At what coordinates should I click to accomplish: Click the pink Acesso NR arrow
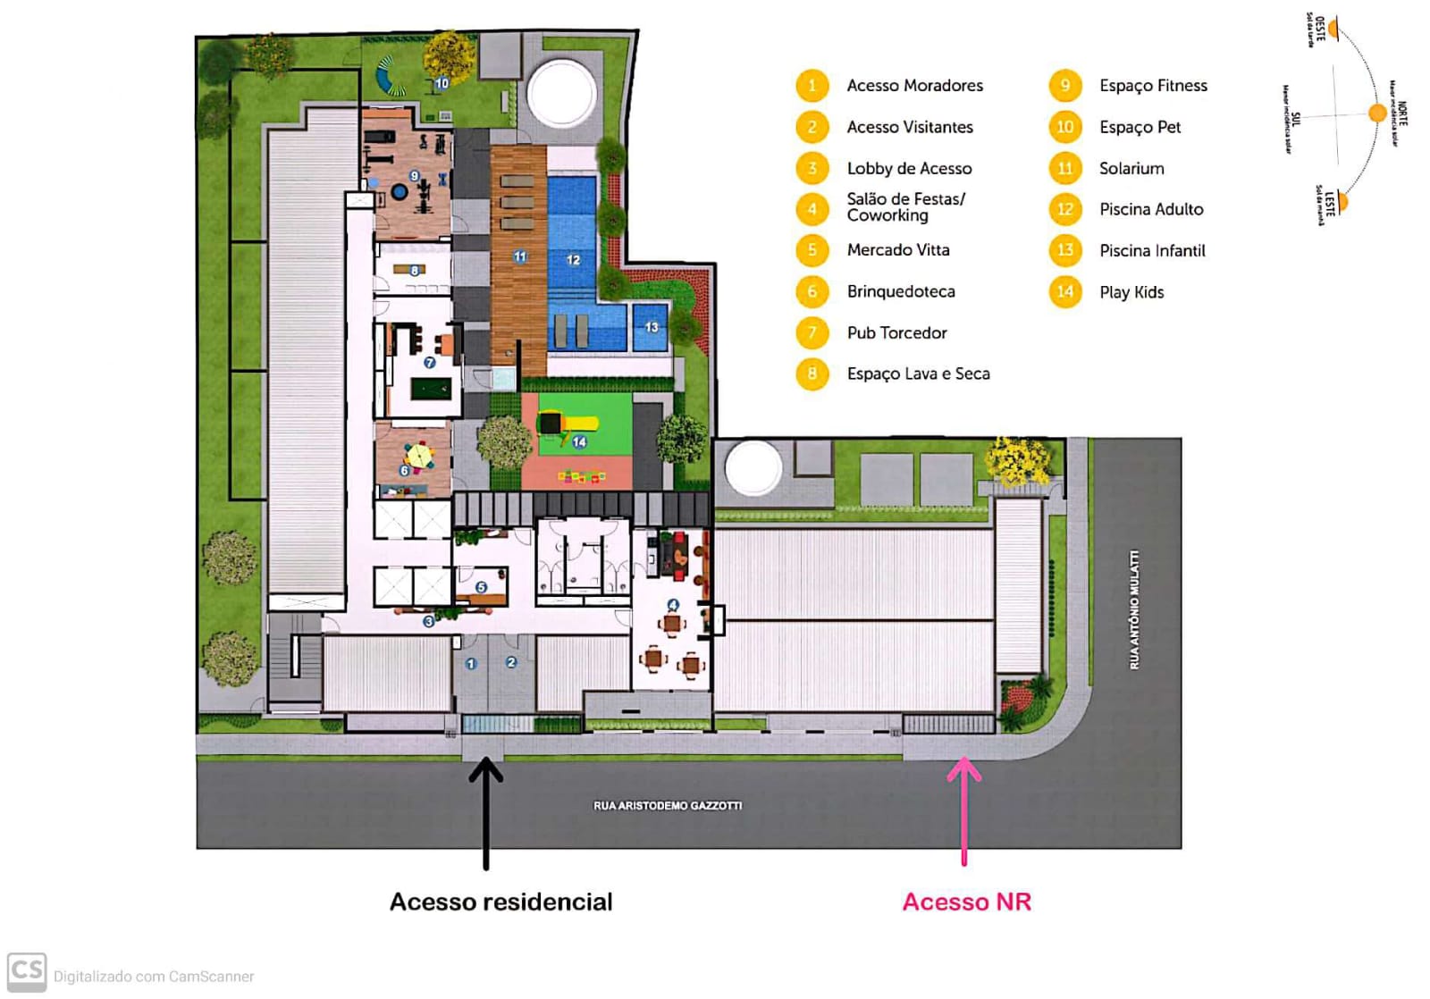pyautogui.click(x=963, y=809)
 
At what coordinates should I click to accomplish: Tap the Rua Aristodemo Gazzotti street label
pyautogui.click(x=668, y=806)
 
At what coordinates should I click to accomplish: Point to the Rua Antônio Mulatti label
pyautogui.click(x=1134, y=609)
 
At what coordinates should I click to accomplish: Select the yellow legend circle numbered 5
pyautogui.click(x=812, y=250)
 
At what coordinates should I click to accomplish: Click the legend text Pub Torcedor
pyautogui.click(x=896, y=333)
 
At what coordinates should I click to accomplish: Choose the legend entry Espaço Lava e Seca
pyautogui.click(x=918, y=374)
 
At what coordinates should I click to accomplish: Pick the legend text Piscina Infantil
pyautogui.click(x=1152, y=251)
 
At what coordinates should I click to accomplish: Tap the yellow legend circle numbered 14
pyautogui.click(x=1064, y=292)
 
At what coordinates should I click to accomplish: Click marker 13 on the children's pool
pyautogui.click(x=652, y=327)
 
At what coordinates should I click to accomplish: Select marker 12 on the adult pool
pyautogui.click(x=573, y=260)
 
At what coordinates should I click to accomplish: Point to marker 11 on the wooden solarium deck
pyautogui.click(x=520, y=256)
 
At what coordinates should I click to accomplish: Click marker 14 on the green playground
pyautogui.click(x=579, y=441)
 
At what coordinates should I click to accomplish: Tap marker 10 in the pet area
pyautogui.click(x=442, y=83)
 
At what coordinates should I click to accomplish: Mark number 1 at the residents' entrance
pyautogui.click(x=471, y=663)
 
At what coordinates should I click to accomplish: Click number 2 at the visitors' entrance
pyautogui.click(x=511, y=662)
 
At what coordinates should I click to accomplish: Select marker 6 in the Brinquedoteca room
pyautogui.click(x=405, y=470)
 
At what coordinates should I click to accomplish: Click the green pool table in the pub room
pyautogui.click(x=431, y=390)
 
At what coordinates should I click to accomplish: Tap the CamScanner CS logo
pyautogui.click(x=27, y=971)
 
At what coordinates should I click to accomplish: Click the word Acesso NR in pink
pyautogui.click(x=966, y=902)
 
